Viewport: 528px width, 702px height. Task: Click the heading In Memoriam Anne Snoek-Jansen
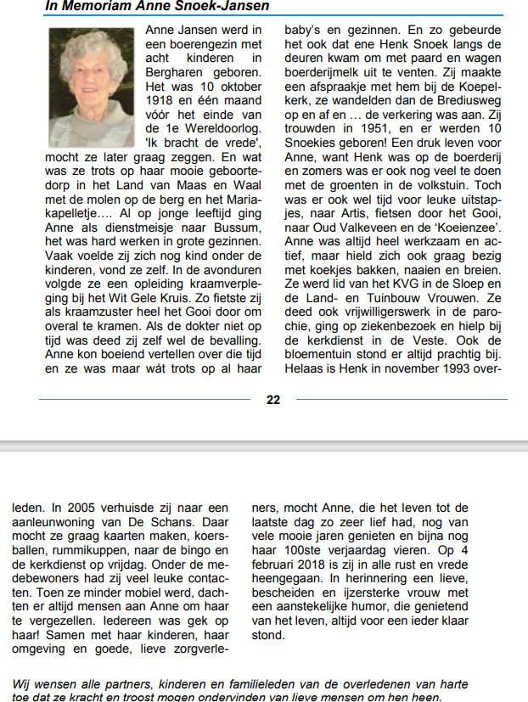click(158, 7)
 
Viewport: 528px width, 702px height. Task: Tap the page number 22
click(273, 400)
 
